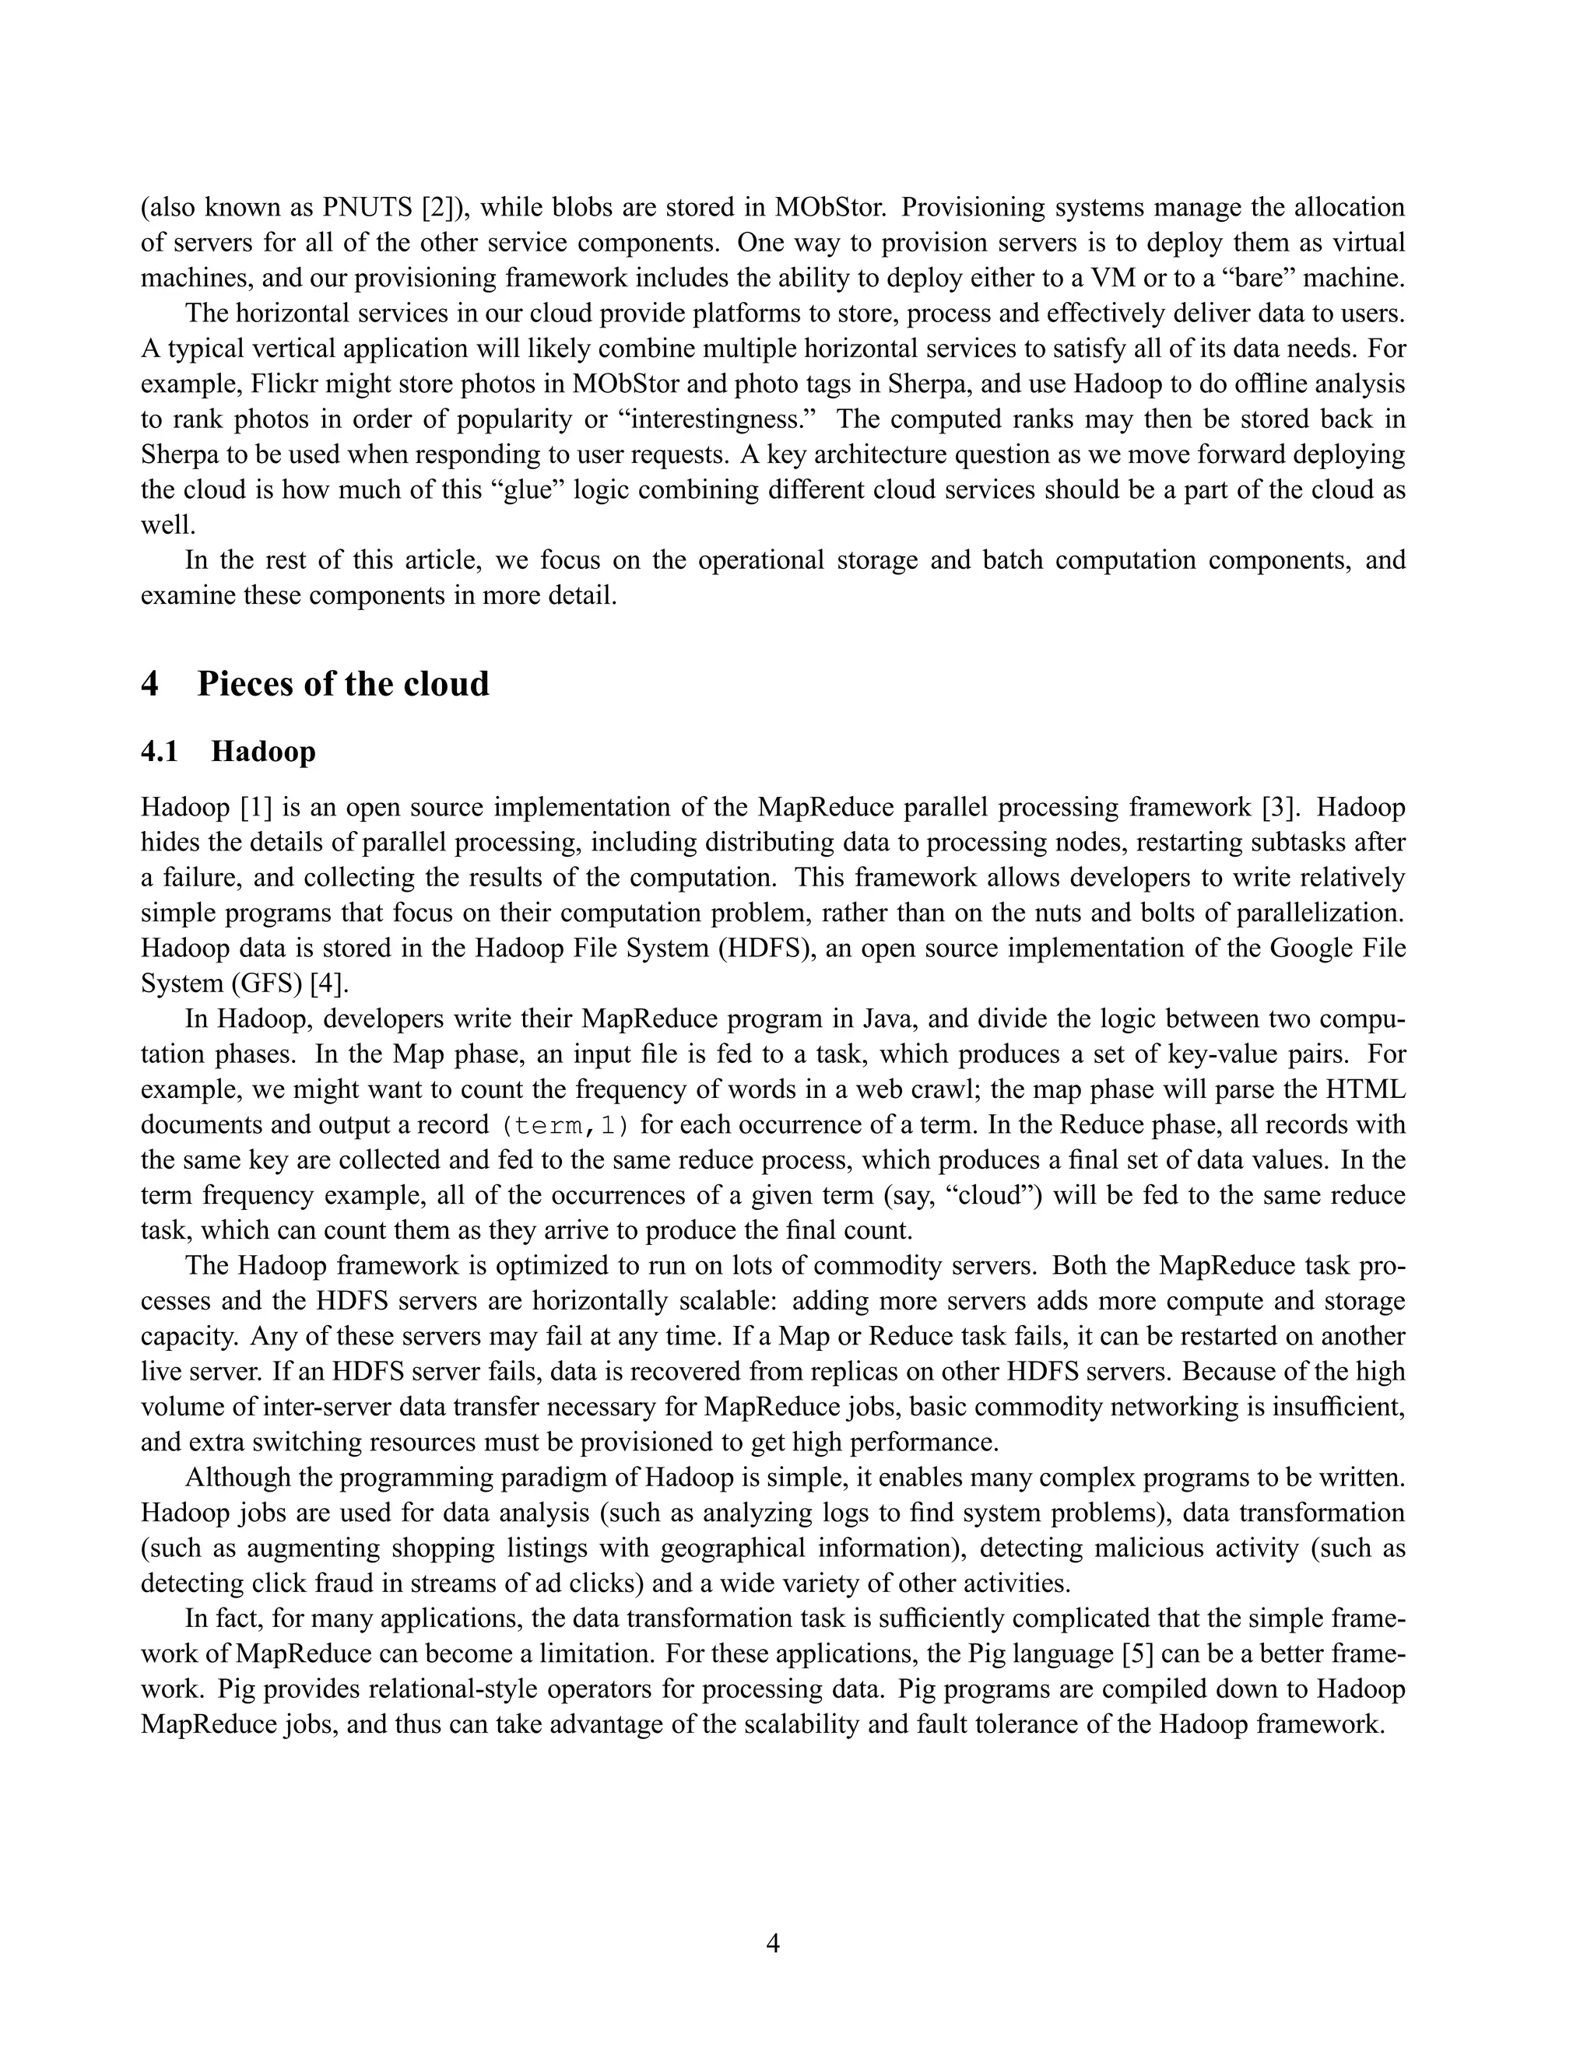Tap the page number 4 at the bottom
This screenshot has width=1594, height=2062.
772,1943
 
